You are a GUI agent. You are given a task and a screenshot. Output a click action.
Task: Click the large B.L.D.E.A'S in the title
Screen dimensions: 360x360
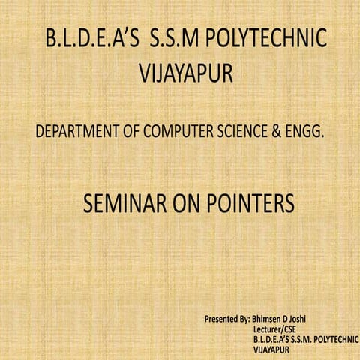coord(92,40)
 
